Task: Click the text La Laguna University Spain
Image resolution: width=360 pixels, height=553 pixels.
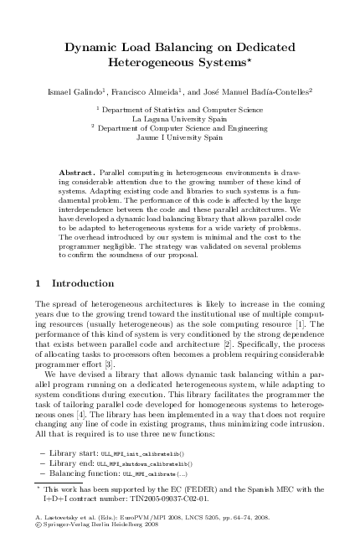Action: tap(180, 119)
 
